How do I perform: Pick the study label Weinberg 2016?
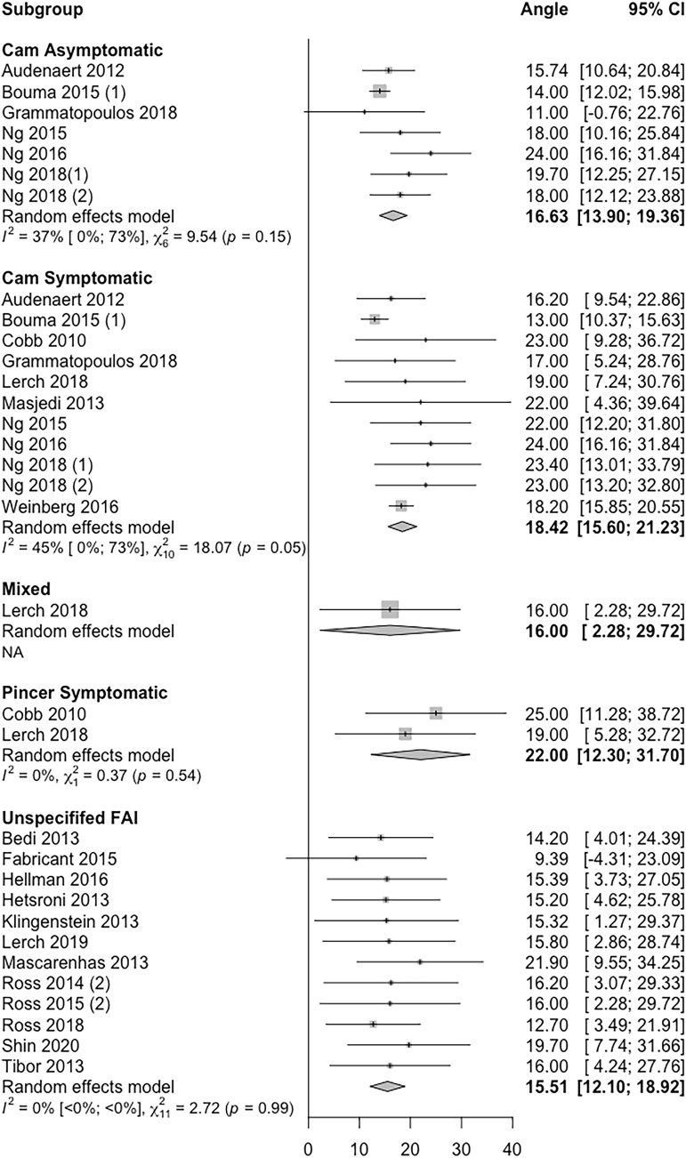pyautogui.click(x=54, y=505)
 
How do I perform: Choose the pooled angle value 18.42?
pyautogui.click(x=542, y=527)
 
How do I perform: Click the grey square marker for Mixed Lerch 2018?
pyautogui.click(x=390, y=609)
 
